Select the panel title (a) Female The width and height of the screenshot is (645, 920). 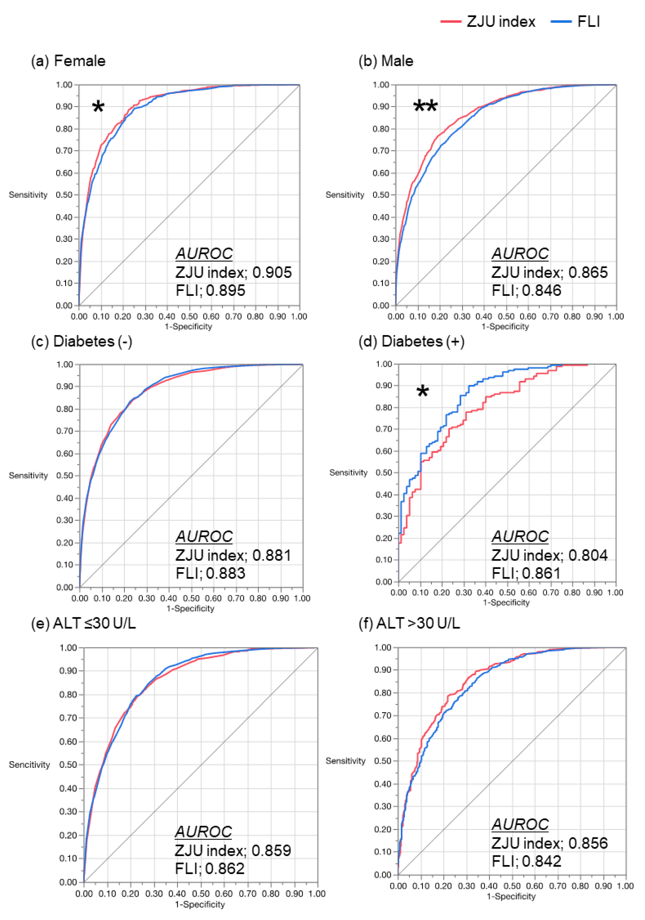tap(68, 61)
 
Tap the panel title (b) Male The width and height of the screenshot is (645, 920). tap(386, 61)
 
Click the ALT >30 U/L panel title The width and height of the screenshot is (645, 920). tap(409, 623)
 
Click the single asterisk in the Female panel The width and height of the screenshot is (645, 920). tap(98, 107)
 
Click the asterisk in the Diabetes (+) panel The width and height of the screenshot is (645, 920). tap(422, 392)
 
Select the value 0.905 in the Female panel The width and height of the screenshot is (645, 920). tap(272, 272)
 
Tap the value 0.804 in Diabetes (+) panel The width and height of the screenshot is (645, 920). tap(588, 555)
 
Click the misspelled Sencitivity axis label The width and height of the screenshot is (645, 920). tap(29, 765)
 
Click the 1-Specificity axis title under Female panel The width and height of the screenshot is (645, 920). tap(189, 327)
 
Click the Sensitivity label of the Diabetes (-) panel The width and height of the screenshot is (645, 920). tap(28, 476)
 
